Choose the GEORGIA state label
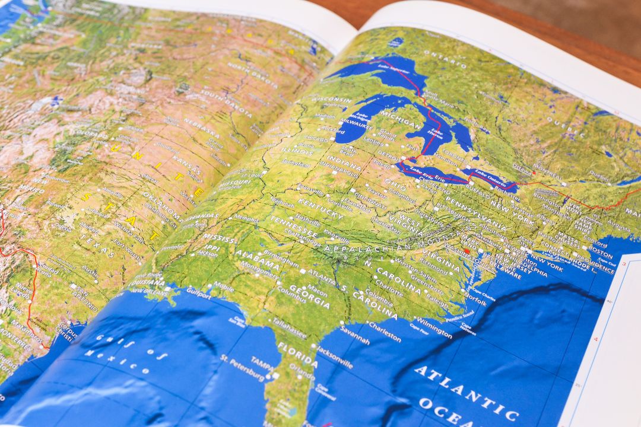pyautogui.click(x=309, y=297)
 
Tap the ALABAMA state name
pyautogui.click(x=257, y=260)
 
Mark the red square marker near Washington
pyautogui.click(x=467, y=251)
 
